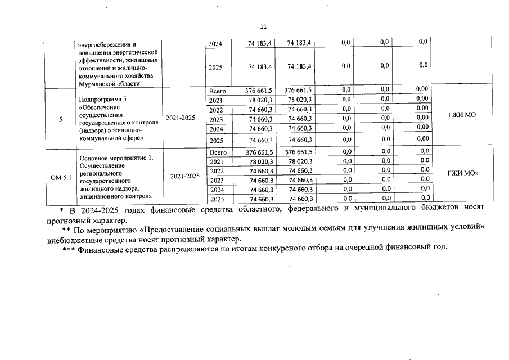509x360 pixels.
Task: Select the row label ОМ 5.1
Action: tap(60, 178)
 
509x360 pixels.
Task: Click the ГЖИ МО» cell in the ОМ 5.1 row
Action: tap(462, 173)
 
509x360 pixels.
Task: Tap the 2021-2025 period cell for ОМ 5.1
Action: tap(184, 176)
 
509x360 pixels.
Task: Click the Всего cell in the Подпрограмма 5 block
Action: tap(217, 91)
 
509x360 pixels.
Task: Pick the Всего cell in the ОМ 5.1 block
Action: tap(217, 152)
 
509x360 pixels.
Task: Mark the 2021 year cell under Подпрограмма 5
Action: tap(216, 100)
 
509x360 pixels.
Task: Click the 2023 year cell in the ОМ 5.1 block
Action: tap(217, 181)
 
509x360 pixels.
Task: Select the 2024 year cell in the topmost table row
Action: tap(215, 43)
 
